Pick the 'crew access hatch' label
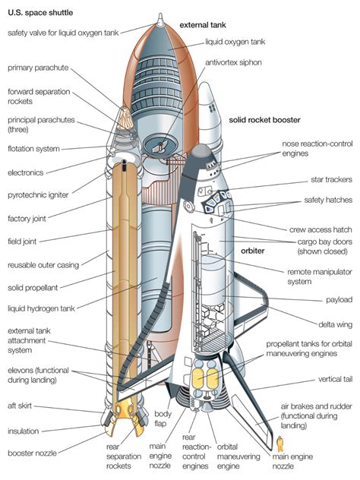[x=320, y=229]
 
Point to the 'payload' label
[x=337, y=299]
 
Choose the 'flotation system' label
[x=33, y=148]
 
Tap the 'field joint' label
[x=26, y=241]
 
